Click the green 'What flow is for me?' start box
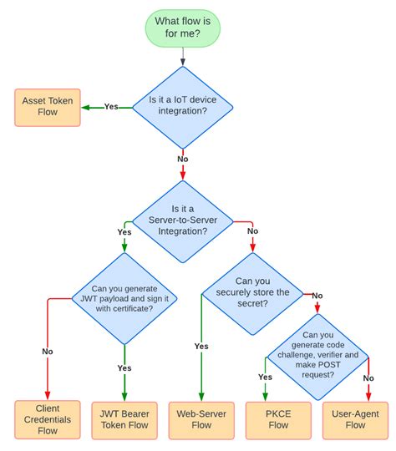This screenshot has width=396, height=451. [x=183, y=28]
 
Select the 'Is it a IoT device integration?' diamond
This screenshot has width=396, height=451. [x=182, y=107]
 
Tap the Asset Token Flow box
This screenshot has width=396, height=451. [x=48, y=107]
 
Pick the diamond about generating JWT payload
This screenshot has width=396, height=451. [x=124, y=299]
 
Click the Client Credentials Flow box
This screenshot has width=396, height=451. [x=48, y=419]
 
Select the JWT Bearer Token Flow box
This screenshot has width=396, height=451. [x=124, y=419]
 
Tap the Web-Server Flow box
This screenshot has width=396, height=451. [x=201, y=419]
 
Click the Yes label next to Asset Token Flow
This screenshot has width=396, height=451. [x=110, y=107]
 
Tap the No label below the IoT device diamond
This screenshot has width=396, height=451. [x=182, y=158]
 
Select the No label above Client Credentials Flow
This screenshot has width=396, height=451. [x=48, y=352]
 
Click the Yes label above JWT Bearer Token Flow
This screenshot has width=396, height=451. [x=124, y=367]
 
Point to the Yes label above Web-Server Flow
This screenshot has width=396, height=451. [x=201, y=347]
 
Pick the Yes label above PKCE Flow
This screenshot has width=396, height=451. [x=266, y=377]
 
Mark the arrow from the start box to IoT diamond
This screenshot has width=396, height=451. [x=182, y=55]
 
